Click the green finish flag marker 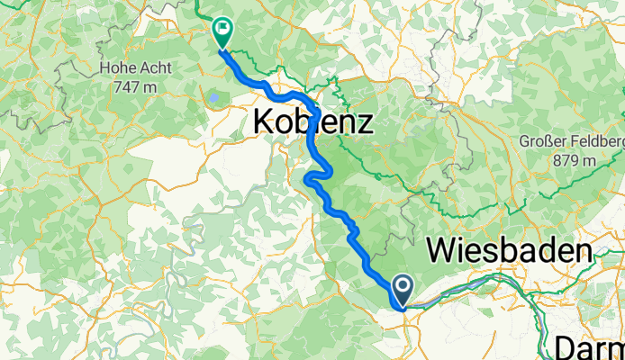click(x=222, y=31)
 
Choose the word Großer click(x=545, y=142)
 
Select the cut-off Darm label click(x=590, y=347)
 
